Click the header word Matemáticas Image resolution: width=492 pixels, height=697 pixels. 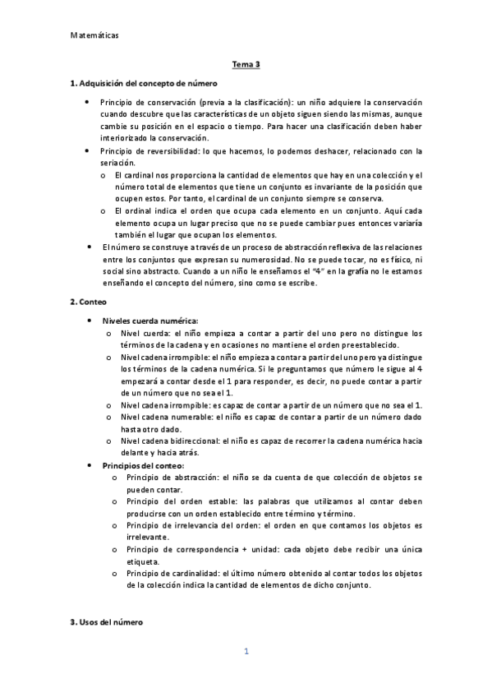pos(94,35)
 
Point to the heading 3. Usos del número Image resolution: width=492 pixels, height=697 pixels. pos(107,622)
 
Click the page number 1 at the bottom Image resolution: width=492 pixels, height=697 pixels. pos(246,652)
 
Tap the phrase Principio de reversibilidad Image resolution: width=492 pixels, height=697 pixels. pos(151,150)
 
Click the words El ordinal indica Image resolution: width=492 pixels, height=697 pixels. pos(145,211)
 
